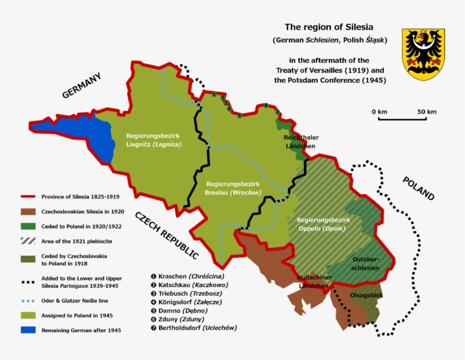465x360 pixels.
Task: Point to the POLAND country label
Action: [418, 189]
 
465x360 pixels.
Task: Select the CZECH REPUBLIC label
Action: [167, 235]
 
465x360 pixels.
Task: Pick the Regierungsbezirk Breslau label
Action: [233, 188]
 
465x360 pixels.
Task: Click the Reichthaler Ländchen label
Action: [301, 142]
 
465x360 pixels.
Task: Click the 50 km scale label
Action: [427, 112]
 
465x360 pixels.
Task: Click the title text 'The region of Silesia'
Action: [329, 27]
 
